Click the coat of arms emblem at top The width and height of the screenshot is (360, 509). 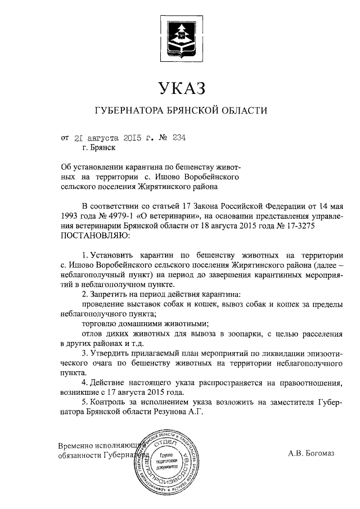point(180,35)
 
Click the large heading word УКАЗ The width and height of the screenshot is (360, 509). point(180,88)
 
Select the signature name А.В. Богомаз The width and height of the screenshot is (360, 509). point(310,452)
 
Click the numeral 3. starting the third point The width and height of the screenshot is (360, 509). point(85,353)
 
